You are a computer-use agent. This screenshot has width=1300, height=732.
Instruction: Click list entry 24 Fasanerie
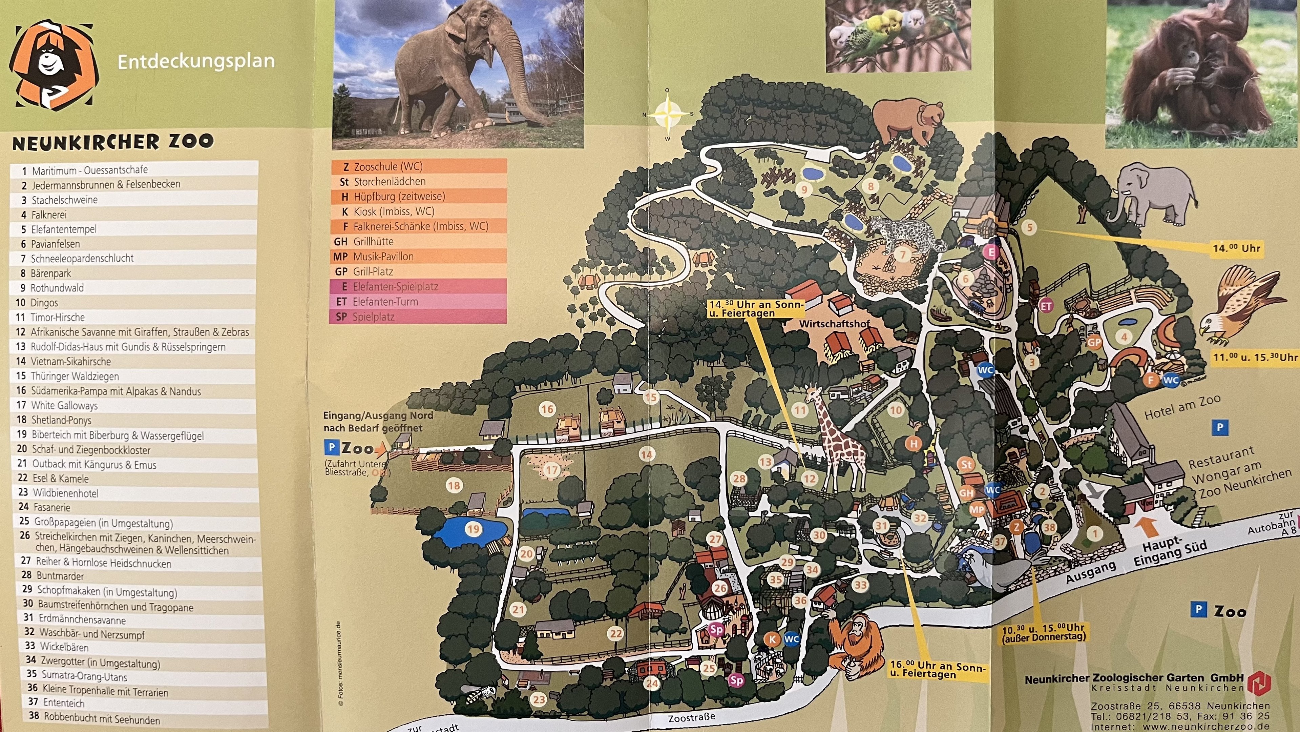point(51,507)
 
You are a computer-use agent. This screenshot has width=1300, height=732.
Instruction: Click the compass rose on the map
point(667,115)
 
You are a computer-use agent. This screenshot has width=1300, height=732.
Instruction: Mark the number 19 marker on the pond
point(473,529)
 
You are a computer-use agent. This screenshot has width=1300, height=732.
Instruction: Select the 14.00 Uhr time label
point(1236,248)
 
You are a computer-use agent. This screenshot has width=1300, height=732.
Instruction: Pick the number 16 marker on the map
point(547,409)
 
